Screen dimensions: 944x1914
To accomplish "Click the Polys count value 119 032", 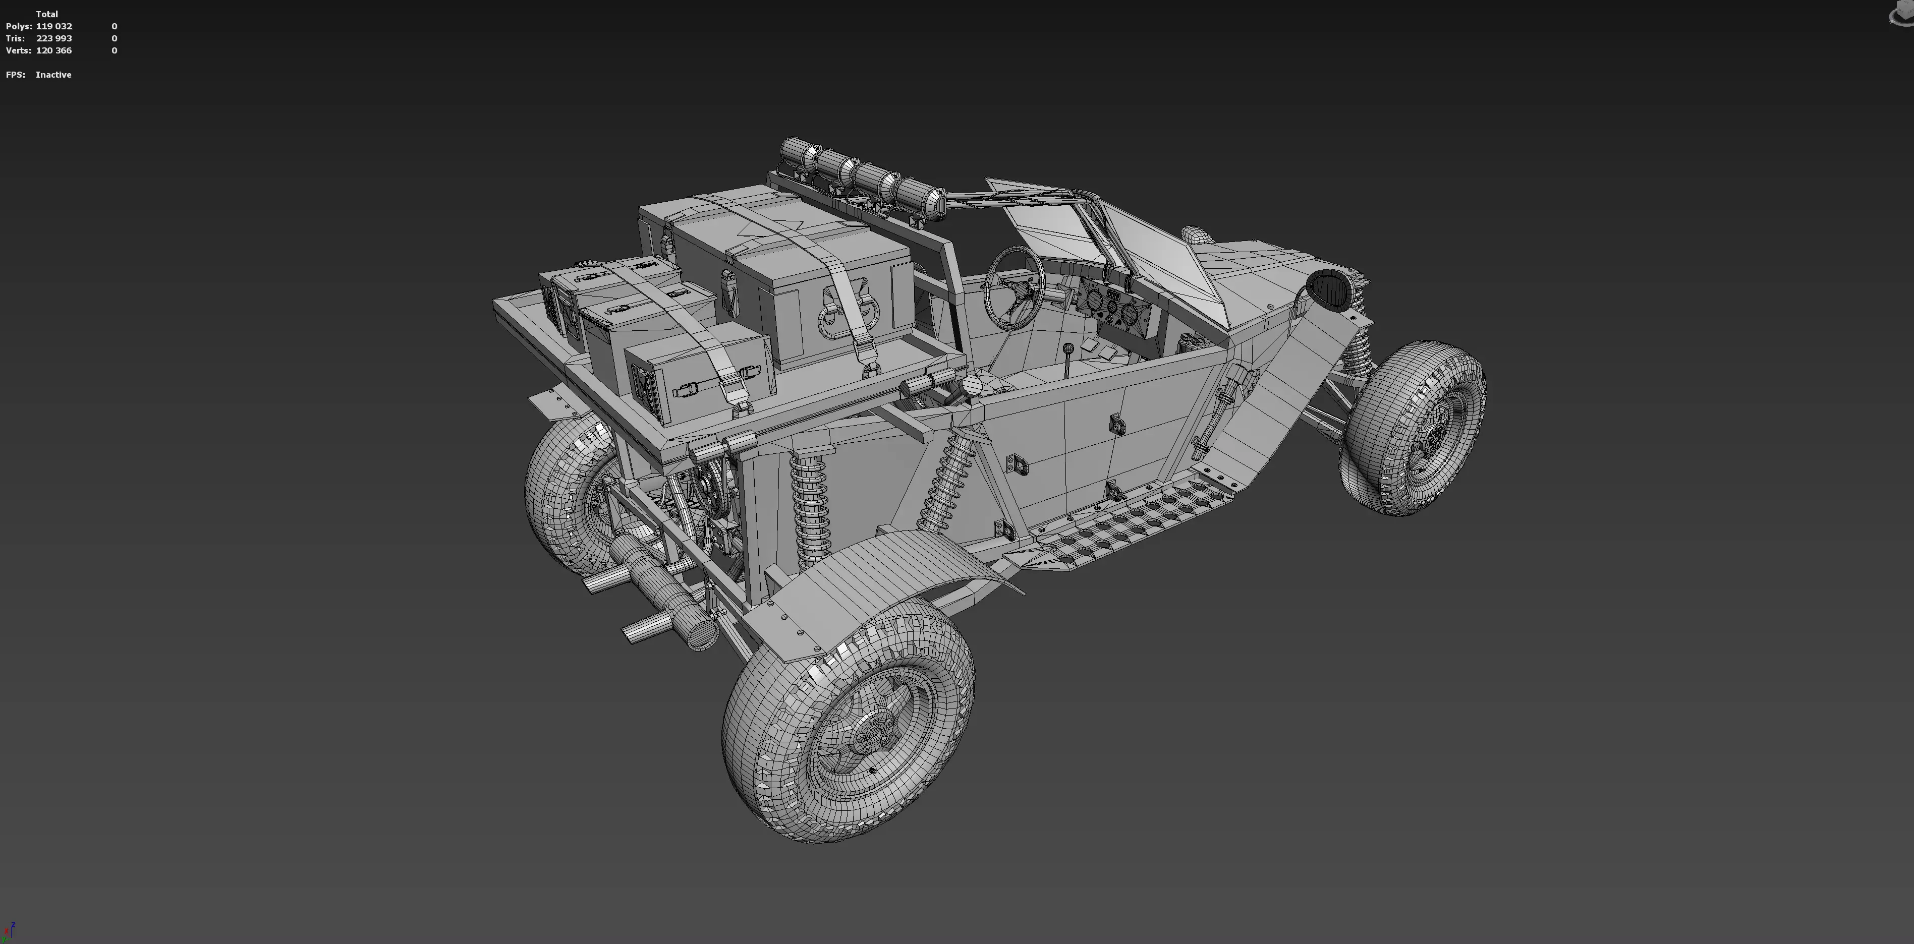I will pos(53,26).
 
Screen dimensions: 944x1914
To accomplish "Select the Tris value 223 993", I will pos(53,38).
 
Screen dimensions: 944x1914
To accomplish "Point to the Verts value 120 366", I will pos(53,50).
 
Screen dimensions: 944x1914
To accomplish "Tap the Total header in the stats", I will pos(47,14).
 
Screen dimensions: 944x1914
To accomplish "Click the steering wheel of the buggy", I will pos(1014,286).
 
